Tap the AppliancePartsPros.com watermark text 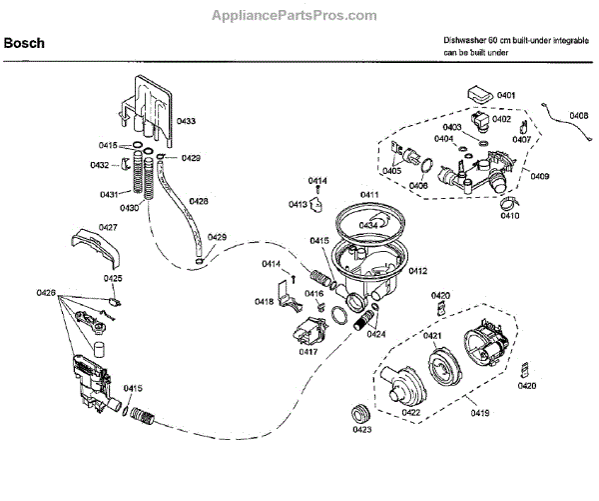299,16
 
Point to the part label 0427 109,228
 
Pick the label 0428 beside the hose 199,201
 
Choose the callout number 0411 370,194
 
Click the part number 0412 417,270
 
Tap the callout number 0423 362,430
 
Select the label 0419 481,410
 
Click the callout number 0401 506,95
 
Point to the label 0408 578,116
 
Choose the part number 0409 540,177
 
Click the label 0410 510,215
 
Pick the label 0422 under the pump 410,410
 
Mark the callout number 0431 109,194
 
